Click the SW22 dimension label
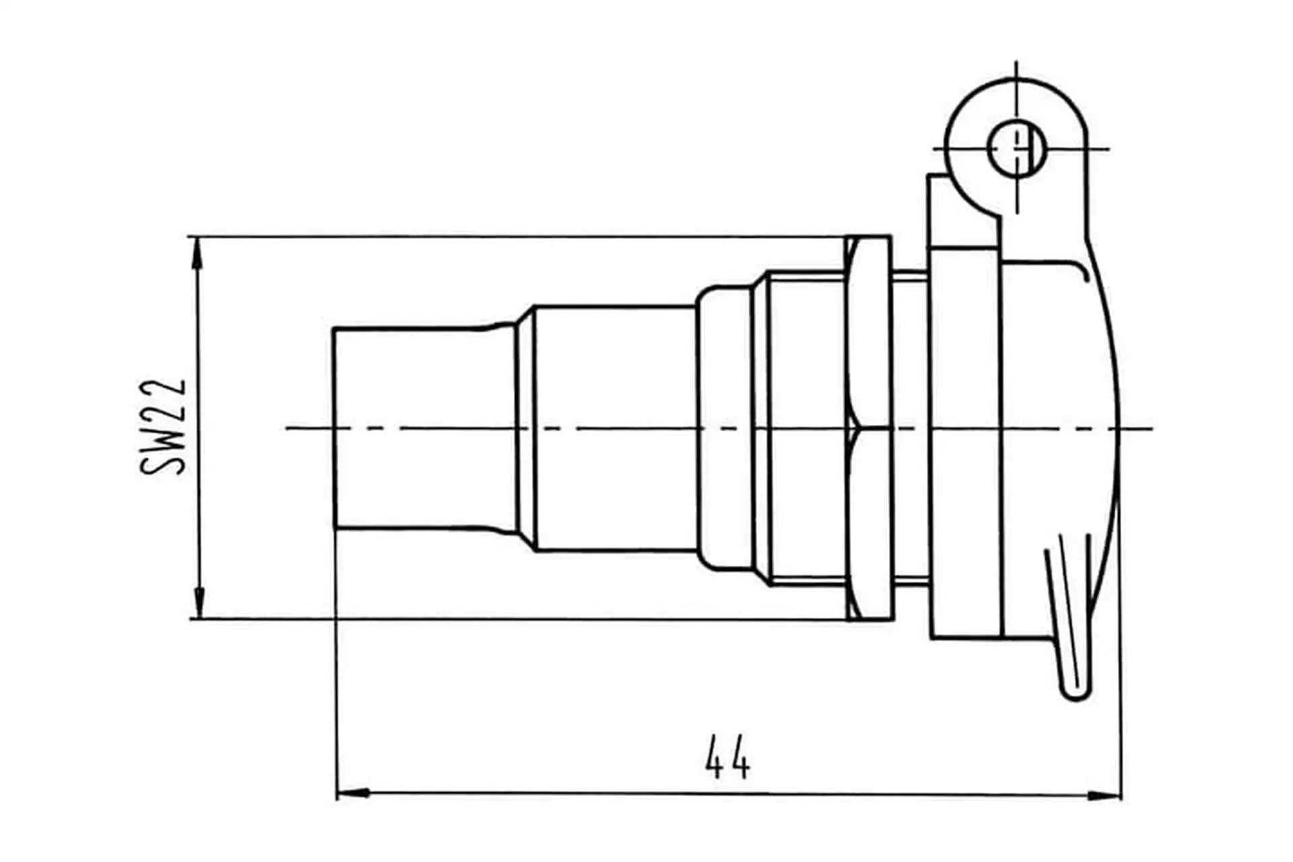163,427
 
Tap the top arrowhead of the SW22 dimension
198,252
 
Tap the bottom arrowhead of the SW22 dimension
199,603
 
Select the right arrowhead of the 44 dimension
1104,795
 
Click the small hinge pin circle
1016,148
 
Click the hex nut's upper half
869,331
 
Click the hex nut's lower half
869,524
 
